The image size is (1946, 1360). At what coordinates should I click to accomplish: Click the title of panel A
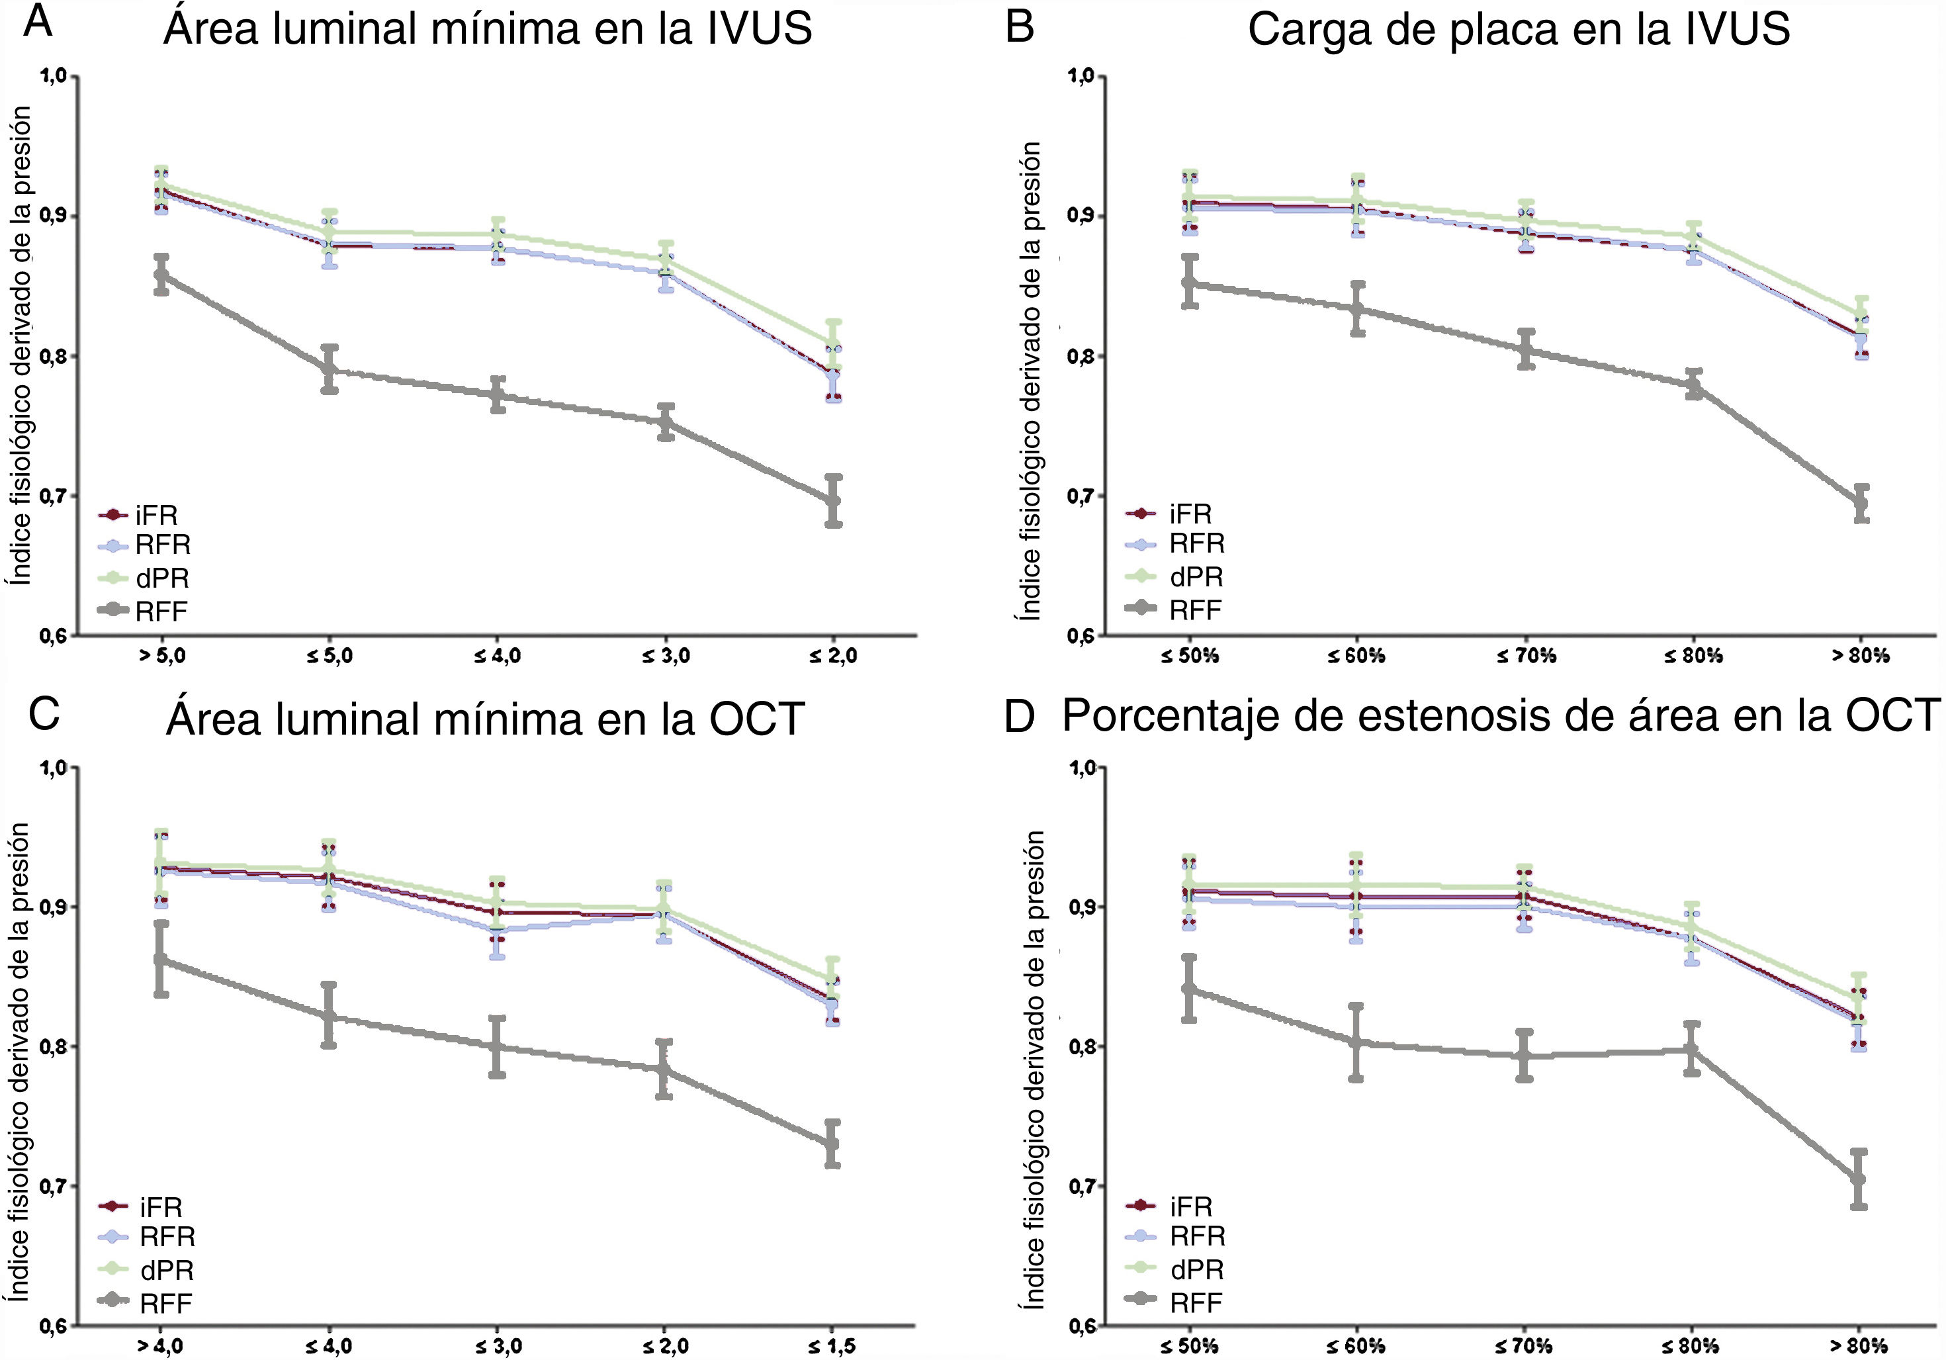[488, 29]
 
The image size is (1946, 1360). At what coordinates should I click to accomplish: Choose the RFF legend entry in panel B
[1195, 610]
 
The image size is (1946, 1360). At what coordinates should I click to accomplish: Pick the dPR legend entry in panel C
[166, 1270]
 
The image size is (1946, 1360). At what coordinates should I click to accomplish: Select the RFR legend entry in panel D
[1197, 1237]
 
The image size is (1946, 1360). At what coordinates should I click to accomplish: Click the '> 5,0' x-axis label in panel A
[162, 655]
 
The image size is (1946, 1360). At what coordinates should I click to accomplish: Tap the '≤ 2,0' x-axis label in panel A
[833, 655]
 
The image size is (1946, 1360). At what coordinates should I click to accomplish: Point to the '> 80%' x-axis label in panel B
[1861, 655]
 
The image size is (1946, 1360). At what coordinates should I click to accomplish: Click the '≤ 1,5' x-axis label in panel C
[832, 1345]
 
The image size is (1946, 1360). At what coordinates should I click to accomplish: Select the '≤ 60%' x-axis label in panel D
[1356, 1345]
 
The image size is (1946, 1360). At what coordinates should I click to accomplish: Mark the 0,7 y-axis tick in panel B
[1080, 495]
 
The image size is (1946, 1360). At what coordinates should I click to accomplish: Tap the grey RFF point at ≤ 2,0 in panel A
[833, 501]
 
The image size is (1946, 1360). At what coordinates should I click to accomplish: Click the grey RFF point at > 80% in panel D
[1859, 1179]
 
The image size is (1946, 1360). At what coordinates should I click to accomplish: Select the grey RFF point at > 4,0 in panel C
[160, 960]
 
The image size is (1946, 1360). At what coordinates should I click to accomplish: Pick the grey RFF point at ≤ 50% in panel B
[1190, 283]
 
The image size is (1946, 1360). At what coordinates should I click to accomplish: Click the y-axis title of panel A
[21, 346]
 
